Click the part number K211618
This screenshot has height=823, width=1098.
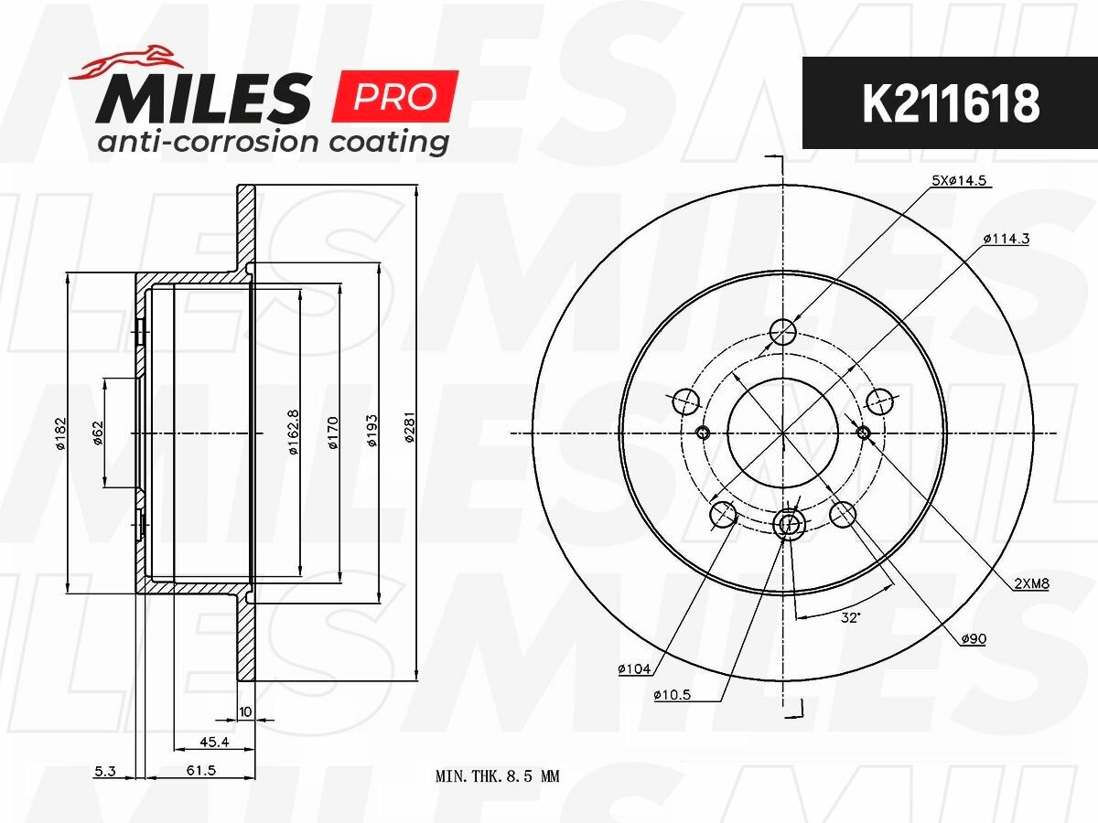tap(951, 103)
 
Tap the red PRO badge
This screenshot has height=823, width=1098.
tap(395, 96)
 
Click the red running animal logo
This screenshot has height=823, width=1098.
tap(126, 62)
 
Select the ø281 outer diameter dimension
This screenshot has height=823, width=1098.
tap(410, 427)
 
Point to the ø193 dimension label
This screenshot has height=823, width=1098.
tap(372, 430)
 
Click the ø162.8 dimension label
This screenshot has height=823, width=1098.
tap(294, 433)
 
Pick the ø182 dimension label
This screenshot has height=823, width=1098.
tap(60, 433)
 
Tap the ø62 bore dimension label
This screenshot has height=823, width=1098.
tap(98, 433)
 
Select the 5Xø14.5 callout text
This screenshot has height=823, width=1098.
tap(959, 180)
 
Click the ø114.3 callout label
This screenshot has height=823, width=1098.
tap(1006, 239)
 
